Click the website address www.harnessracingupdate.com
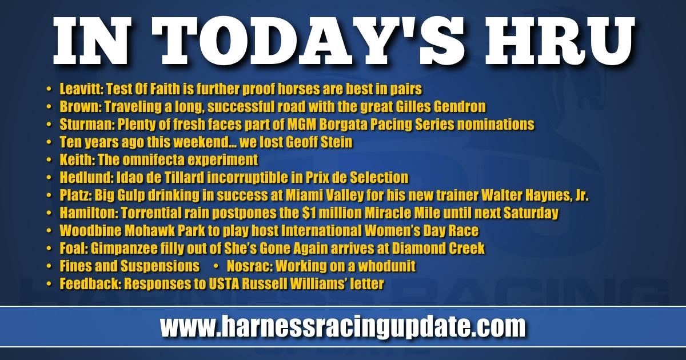coord(342,327)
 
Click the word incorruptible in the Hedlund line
coord(248,178)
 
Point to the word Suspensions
coord(161,266)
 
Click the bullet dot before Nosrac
coord(216,266)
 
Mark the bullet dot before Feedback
coord(49,284)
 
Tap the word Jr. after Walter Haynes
coord(581,195)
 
